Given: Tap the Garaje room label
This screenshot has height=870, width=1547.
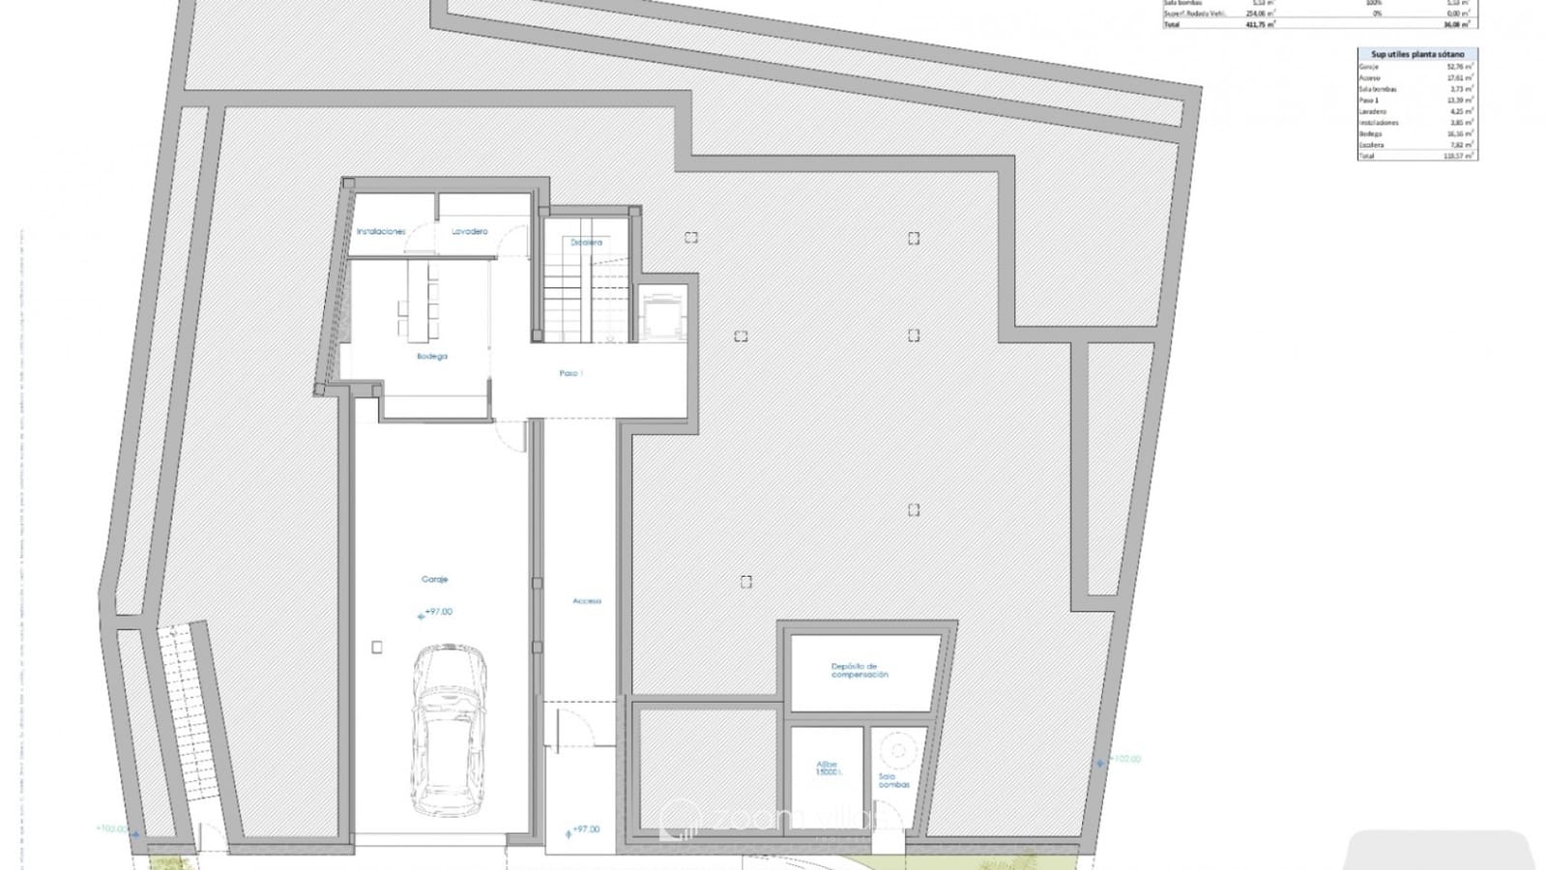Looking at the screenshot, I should [434, 580].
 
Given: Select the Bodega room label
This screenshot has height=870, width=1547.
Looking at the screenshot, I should [432, 357].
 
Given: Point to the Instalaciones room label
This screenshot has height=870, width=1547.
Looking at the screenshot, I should [381, 232].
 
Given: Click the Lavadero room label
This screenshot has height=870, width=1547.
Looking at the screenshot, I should [470, 232].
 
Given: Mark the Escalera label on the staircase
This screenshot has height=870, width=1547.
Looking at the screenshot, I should [586, 243].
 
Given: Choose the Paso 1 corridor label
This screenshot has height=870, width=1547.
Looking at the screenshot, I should [570, 373].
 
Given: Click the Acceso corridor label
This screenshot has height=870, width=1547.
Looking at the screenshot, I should [587, 601].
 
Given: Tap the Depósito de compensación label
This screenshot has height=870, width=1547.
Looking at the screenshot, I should [860, 670].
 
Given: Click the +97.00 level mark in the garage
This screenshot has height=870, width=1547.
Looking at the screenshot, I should [437, 612].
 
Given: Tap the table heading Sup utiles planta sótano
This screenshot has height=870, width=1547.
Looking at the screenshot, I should [1417, 55].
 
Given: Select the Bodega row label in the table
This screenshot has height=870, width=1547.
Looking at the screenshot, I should [1371, 133].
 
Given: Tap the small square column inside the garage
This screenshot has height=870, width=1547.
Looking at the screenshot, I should [377, 648].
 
